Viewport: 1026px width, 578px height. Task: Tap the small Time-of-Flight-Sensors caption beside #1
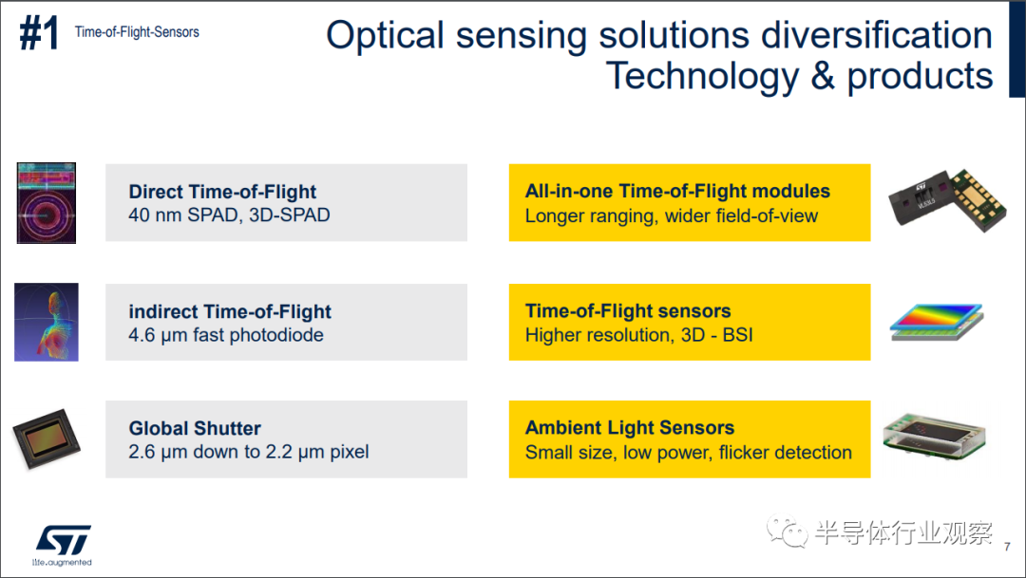[x=137, y=32]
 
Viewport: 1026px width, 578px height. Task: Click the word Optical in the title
[x=386, y=36]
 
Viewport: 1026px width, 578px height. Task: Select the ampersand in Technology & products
[x=823, y=76]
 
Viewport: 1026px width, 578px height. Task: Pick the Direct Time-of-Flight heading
[x=222, y=192]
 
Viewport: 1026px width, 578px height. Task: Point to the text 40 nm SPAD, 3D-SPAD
[x=229, y=215]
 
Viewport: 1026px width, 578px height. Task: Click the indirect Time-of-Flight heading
[x=230, y=311]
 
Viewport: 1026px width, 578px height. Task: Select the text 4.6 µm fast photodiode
[x=226, y=335]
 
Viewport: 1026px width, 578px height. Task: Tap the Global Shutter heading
[x=195, y=428]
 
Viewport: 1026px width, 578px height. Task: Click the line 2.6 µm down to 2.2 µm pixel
[x=249, y=452]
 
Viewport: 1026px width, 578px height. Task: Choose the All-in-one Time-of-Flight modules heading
[x=677, y=191]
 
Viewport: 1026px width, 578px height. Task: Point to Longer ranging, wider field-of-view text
[x=672, y=215]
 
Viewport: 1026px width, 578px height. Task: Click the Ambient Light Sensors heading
[x=630, y=428]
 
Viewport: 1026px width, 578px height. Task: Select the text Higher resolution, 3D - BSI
[x=638, y=335]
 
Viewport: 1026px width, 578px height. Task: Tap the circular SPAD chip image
[x=47, y=203]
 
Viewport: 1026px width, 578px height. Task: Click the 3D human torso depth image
[x=47, y=322]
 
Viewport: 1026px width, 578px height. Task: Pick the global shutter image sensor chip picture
[x=47, y=438]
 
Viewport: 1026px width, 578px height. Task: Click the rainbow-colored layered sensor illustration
[x=937, y=321]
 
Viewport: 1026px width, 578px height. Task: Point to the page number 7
[x=1007, y=546]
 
